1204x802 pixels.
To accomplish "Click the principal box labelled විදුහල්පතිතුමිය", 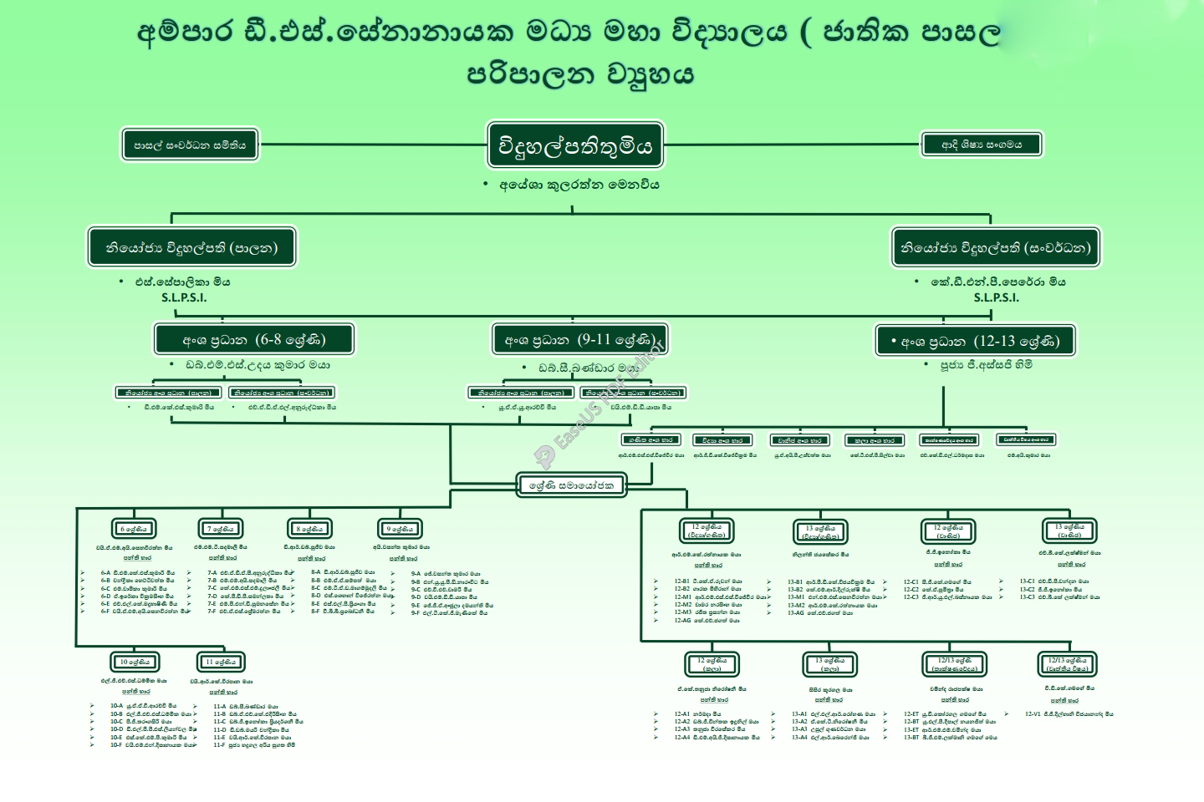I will point(575,146).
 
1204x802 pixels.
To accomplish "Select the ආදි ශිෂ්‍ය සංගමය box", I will point(982,145).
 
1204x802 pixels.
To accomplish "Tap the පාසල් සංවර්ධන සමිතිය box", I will point(190,145).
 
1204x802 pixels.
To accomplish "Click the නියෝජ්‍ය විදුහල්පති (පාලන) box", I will point(191,247).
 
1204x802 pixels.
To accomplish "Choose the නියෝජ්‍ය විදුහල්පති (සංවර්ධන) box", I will point(995,247).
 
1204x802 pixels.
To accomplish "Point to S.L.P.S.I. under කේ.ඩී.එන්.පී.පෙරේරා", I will point(996,297).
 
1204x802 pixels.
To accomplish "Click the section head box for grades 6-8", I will point(253,340).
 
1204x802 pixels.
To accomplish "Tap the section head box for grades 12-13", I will point(975,341).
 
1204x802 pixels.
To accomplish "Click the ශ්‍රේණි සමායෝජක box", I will point(571,485).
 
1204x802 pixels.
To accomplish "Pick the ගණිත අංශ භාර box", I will point(650,439).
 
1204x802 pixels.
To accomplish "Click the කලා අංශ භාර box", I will point(874,440).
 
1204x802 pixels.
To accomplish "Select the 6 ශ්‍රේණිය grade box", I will point(134,529).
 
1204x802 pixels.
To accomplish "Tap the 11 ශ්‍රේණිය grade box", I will point(222,662).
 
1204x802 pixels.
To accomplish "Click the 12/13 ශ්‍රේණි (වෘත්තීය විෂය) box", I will point(1068,664).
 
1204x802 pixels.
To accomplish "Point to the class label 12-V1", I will point(1033,714).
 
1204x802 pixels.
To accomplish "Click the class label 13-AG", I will point(796,613).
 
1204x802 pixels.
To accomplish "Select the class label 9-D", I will point(416,597).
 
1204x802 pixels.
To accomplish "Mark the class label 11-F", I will point(219,744).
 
